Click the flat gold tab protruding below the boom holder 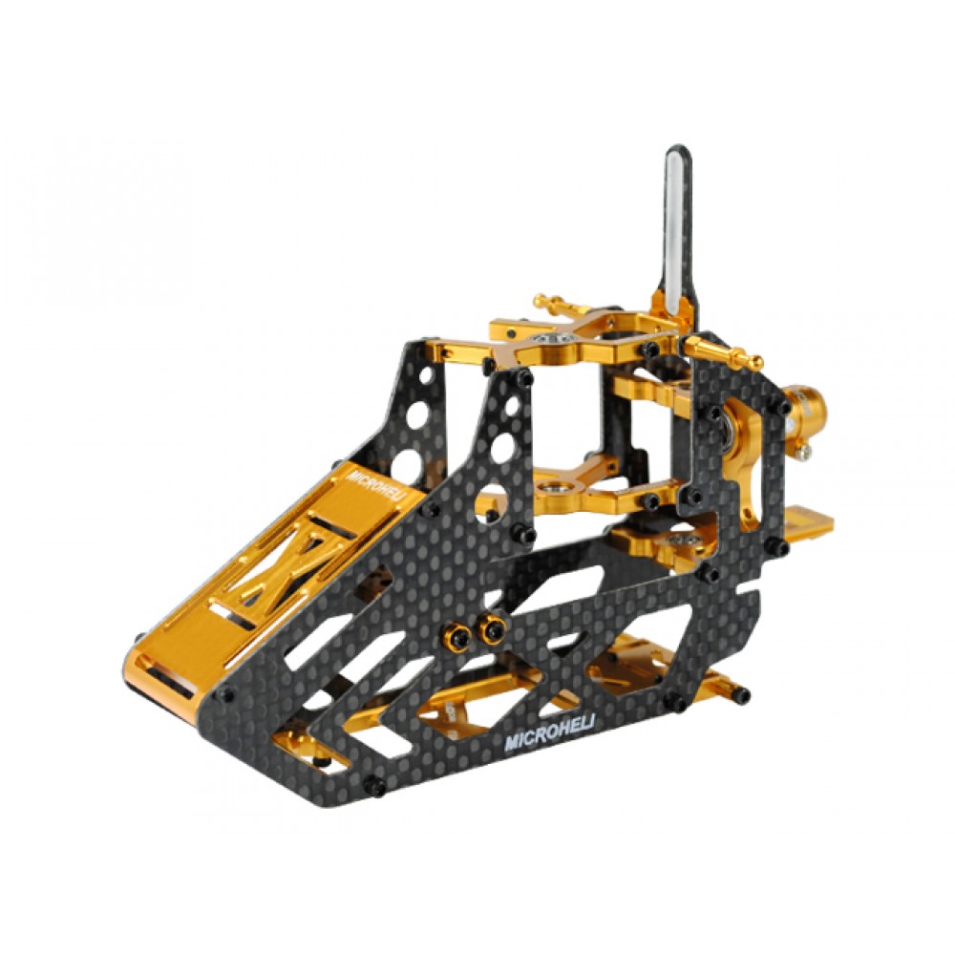point(812,520)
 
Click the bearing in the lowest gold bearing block point(682,541)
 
